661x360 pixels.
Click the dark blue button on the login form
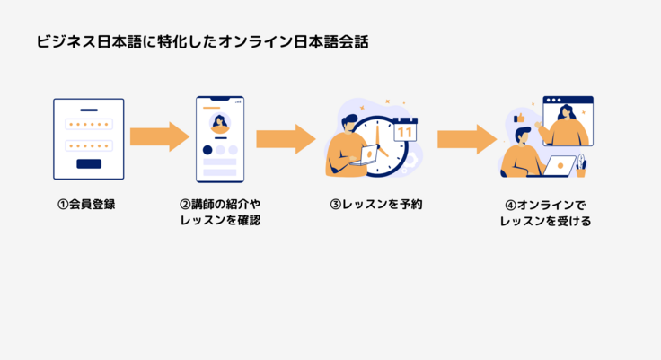coord(89,163)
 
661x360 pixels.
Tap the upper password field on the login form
coord(89,125)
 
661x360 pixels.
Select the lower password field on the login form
coord(89,145)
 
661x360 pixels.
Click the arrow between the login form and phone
coord(159,137)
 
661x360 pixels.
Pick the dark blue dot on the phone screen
coord(207,150)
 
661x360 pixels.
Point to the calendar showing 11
coord(406,130)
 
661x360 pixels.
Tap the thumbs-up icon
coord(518,118)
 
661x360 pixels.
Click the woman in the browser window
coord(567,123)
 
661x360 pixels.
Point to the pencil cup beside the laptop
coord(581,168)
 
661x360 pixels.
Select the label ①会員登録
coord(86,205)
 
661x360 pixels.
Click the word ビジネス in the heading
coord(60,41)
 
